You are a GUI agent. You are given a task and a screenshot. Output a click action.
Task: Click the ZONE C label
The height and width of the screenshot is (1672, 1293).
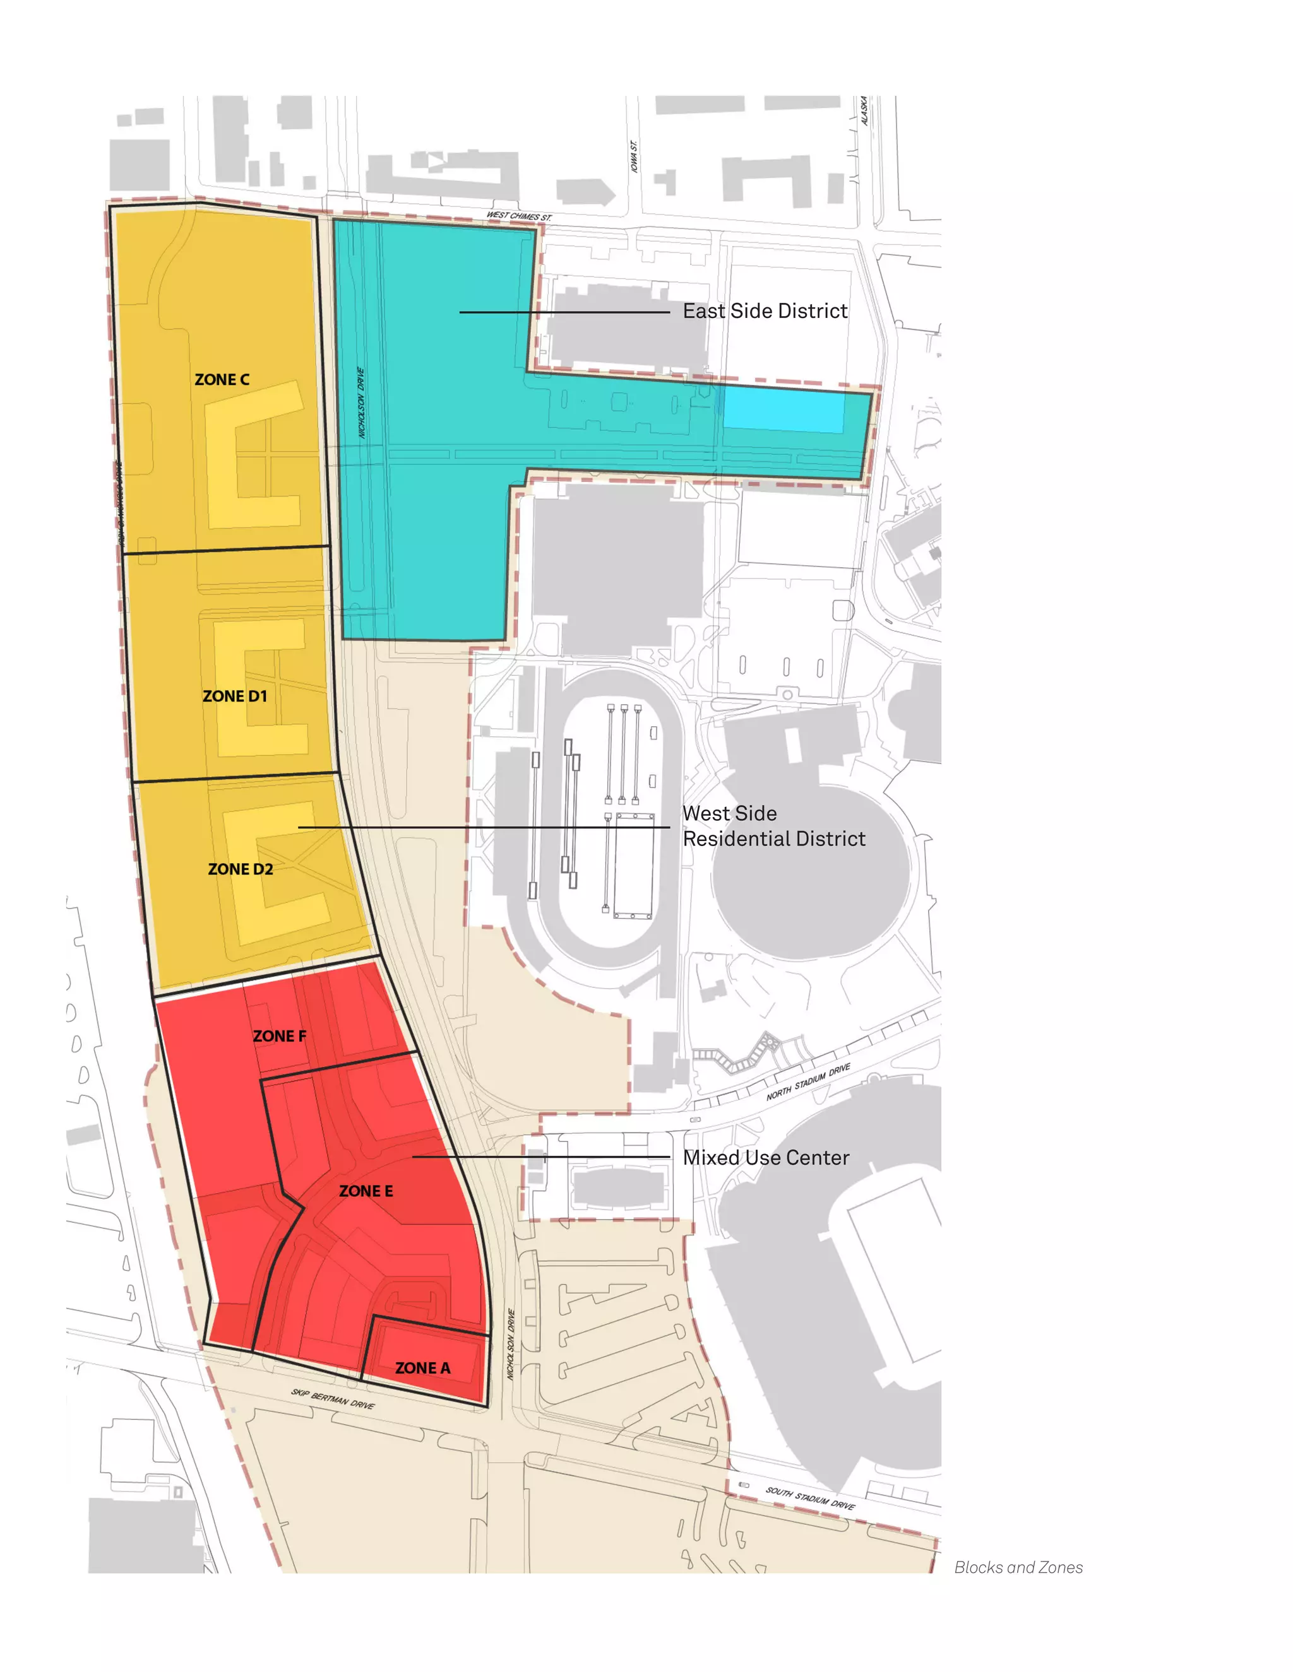222,380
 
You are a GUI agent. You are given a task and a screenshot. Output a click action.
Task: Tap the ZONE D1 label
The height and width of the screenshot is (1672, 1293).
234,696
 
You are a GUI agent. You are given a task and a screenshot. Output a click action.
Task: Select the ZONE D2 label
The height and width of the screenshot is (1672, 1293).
241,869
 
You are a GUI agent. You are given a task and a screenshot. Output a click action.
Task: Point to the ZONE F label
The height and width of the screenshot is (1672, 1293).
280,1036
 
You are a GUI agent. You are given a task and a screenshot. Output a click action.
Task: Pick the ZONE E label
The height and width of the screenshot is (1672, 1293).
366,1191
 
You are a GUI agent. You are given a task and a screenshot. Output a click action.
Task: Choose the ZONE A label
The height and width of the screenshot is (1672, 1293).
423,1368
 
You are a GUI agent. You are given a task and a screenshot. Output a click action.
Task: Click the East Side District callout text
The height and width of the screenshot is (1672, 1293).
765,312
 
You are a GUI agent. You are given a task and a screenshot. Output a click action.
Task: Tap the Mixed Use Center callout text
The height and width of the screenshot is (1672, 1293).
766,1158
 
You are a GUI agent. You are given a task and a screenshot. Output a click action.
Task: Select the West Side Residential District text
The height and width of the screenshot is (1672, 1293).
773,826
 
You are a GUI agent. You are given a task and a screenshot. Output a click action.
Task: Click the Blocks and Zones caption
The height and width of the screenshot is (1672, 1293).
1018,1567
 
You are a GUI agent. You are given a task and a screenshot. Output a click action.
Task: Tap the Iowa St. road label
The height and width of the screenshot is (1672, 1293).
635,156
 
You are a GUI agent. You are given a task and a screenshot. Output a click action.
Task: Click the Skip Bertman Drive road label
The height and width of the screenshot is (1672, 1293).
333,1399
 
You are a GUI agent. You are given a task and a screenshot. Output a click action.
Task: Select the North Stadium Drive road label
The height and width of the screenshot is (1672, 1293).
808,1081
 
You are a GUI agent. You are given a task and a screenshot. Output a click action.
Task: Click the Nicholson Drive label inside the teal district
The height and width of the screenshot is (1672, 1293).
362,403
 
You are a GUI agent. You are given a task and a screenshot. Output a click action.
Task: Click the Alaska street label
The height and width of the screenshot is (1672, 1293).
864,111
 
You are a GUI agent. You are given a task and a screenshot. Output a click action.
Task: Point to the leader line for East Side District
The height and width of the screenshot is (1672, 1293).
564,312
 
